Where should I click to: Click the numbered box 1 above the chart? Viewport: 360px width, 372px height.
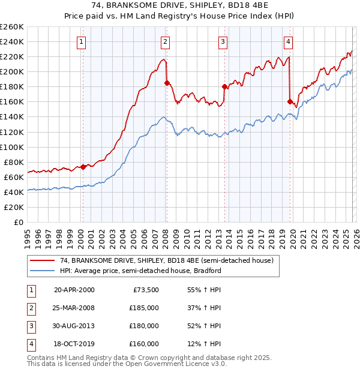coord(81,41)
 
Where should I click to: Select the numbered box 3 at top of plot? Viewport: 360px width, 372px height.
coord(223,41)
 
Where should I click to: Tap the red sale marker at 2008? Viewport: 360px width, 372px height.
coord(167,82)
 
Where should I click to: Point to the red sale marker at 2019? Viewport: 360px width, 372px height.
coord(290,101)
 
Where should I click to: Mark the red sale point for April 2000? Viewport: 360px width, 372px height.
coord(83,167)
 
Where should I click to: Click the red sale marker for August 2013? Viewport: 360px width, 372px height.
coord(224,86)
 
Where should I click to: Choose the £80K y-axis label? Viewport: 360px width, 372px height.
coord(14,162)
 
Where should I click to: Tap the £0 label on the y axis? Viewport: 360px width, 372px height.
coord(18,222)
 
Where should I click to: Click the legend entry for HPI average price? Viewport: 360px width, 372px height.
coord(141,271)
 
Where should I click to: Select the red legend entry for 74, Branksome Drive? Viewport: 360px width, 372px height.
coord(166,260)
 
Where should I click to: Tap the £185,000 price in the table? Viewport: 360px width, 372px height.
coord(144,307)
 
